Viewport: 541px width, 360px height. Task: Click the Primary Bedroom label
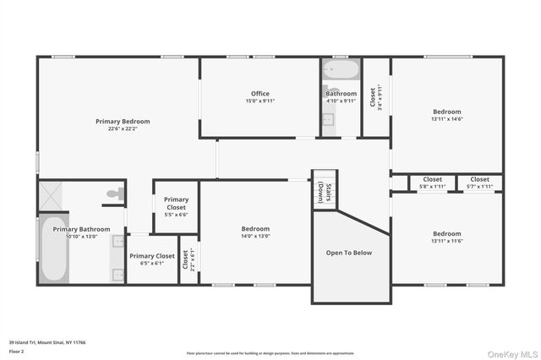pyautogui.click(x=123, y=125)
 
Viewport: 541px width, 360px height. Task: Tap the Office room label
pyautogui.click(x=260, y=96)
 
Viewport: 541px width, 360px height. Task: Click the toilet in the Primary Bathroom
pyautogui.click(x=114, y=194)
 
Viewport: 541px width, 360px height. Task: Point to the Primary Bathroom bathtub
pyautogui.click(x=54, y=251)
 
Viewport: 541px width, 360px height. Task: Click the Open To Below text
pyautogui.click(x=348, y=253)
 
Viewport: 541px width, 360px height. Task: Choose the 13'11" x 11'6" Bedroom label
pyautogui.click(x=447, y=237)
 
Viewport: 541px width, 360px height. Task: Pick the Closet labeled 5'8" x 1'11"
pyautogui.click(x=432, y=183)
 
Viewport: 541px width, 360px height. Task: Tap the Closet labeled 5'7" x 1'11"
pyautogui.click(x=479, y=183)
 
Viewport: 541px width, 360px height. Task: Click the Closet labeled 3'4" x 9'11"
pyautogui.click(x=376, y=96)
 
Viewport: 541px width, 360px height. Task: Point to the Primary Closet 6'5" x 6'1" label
pyautogui.click(x=152, y=259)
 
